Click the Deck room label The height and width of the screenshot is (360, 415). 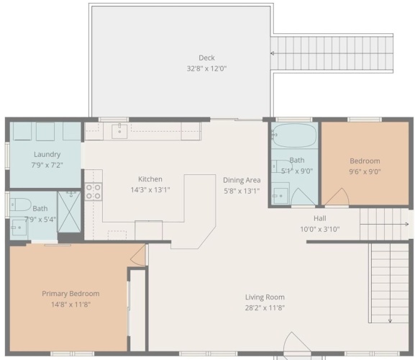pyautogui.click(x=206, y=58)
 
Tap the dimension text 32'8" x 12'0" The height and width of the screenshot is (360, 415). pyautogui.click(x=206, y=68)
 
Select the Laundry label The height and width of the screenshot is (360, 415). pyautogui.click(x=47, y=154)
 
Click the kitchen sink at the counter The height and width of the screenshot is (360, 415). pyautogui.click(x=119, y=131)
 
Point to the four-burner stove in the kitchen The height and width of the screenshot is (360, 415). pyautogui.click(x=94, y=192)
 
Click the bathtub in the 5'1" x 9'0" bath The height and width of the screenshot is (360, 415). pyautogui.click(x=294, y=135)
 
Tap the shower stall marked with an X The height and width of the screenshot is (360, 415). pyautogui.click(x=69, y=212)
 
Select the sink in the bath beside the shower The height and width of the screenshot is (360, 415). pyautogui.click(x=19, y=228)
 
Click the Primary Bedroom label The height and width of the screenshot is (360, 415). pyautogui.click(x=70, y=294)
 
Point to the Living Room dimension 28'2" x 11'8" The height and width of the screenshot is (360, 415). pyautogui.click(x=265, y=308)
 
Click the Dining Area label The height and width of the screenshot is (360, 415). pyautogui.click(x=242, y=180)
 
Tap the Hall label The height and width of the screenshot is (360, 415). pyautogui.click(x=320, y=218)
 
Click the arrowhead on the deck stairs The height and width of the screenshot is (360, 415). pyautogui.click(x=272, y=53)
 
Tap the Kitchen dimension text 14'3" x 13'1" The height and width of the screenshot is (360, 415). pyautogui.click(x=150, y=190)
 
